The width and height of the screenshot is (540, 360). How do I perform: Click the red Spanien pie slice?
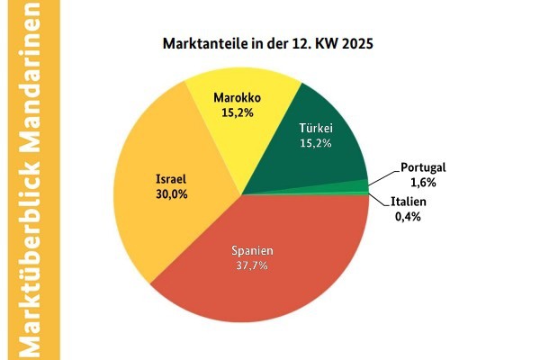[x=270, y=279]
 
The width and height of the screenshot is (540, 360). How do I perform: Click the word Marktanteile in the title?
[x=202, y=43]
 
